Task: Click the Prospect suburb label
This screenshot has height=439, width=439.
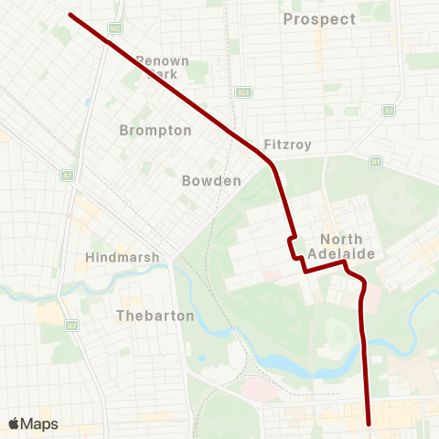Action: [319, 19]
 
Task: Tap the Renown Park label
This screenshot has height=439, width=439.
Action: [162, 67]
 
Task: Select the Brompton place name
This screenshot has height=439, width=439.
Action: [155, 131]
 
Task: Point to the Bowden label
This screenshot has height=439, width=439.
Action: [211, 181]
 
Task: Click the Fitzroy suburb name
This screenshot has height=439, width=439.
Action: [288, 145]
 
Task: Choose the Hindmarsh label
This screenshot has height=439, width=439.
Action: [122, 258]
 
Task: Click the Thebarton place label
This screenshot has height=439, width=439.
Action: [155, 316]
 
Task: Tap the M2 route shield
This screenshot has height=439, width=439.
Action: [114, 28]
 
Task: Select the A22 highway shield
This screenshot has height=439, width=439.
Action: [242, 92]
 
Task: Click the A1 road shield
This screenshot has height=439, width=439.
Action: [389, 110]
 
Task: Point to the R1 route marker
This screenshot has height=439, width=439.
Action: [375, 162]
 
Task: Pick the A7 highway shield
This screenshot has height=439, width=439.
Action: [67, 175]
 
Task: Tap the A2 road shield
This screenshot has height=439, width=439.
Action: [70, 326]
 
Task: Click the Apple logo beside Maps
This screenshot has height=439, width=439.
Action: [15, 423]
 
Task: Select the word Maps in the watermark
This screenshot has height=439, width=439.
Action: [39, 423]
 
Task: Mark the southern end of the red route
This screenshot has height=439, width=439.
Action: [369, 423]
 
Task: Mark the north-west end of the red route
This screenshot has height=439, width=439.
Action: [70, 14]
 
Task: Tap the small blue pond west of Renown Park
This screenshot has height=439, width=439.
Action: [86, 102]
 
